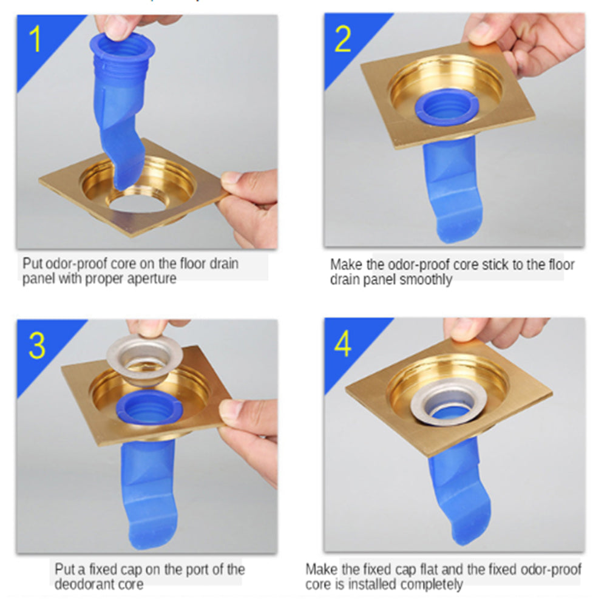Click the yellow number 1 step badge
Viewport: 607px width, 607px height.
[x=35, y=38]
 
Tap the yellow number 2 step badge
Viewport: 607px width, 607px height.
[x=342, y=39]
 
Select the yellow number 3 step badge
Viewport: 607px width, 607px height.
[x=37, y=345]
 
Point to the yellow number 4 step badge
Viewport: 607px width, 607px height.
[x=343, y=344]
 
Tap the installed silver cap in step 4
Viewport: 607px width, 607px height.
[x=449, y=405]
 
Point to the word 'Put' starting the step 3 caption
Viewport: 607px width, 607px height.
[x=64, y=569]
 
